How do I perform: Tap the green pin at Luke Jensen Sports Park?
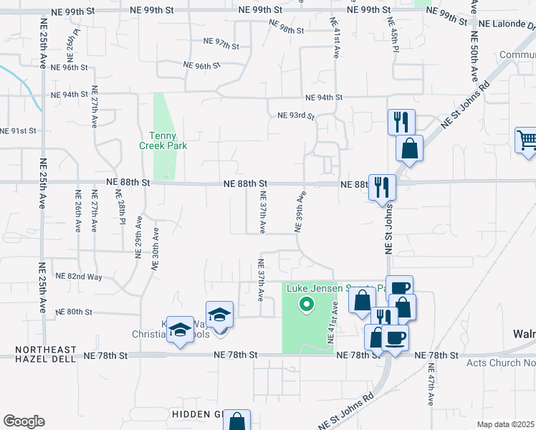307,305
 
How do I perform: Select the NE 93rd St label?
296,115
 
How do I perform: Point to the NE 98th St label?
287,26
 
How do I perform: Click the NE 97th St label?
221,45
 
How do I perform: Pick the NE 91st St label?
18,130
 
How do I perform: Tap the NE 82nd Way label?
79,276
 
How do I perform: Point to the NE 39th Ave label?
300,212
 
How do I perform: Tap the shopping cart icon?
527,140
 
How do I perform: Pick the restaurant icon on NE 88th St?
381,188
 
